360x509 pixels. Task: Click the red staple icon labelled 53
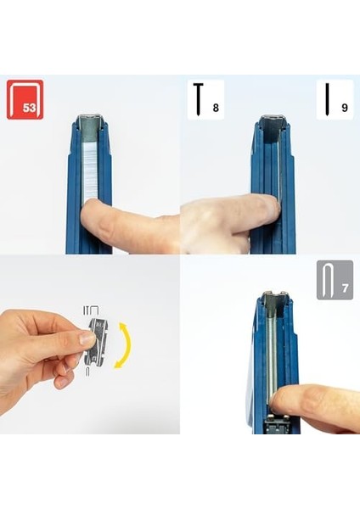25,99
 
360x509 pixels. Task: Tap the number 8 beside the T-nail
216,108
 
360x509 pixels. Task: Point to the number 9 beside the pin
345,108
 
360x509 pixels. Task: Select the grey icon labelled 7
335,279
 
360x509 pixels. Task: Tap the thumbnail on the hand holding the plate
87,340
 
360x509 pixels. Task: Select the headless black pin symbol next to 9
327,99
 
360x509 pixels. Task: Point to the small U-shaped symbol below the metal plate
88,372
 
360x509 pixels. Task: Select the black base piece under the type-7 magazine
276,425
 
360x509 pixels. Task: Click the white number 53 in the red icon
29,108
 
